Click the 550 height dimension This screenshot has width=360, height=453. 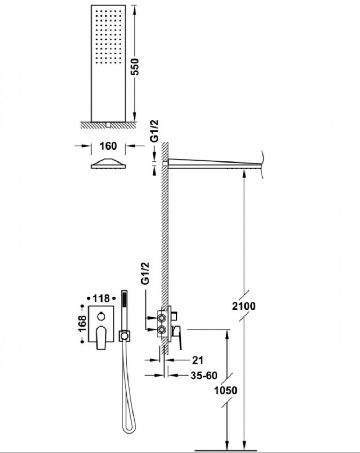click(x=135, y=67)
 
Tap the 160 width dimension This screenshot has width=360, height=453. click(x=108, y=146)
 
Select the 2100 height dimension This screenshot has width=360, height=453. click(x=244, y=306)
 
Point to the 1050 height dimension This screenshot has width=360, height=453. click(x=226, y=385)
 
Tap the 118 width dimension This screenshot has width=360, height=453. click(x=101, y=298)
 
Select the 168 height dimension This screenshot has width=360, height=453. click(x=82, y=324)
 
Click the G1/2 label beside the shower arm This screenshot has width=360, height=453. click(x=155, y=131)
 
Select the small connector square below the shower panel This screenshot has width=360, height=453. click(x=108, y=125)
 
